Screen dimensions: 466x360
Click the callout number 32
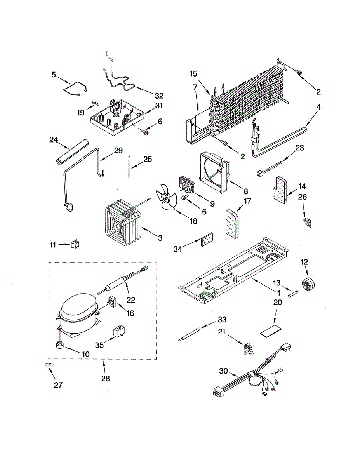(159, 96)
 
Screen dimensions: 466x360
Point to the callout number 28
(105, 379)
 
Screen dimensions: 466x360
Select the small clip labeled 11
(75, 245)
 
